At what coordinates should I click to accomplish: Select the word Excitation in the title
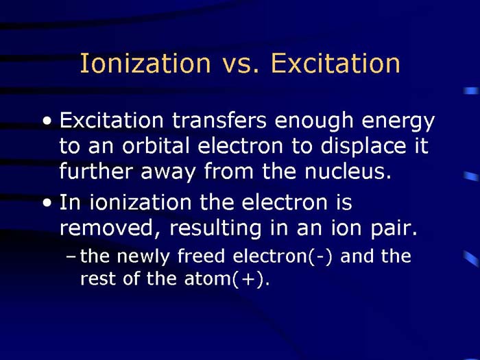pyautogui.click(x=335, y=63)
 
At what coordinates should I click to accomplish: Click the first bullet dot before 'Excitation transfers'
pyautogui.click(x=46, y=122)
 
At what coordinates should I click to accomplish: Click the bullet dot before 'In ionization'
pyautogui.click(x=46, y=204)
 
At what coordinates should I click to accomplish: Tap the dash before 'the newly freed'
pyautogui.click(x=73, y=258)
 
